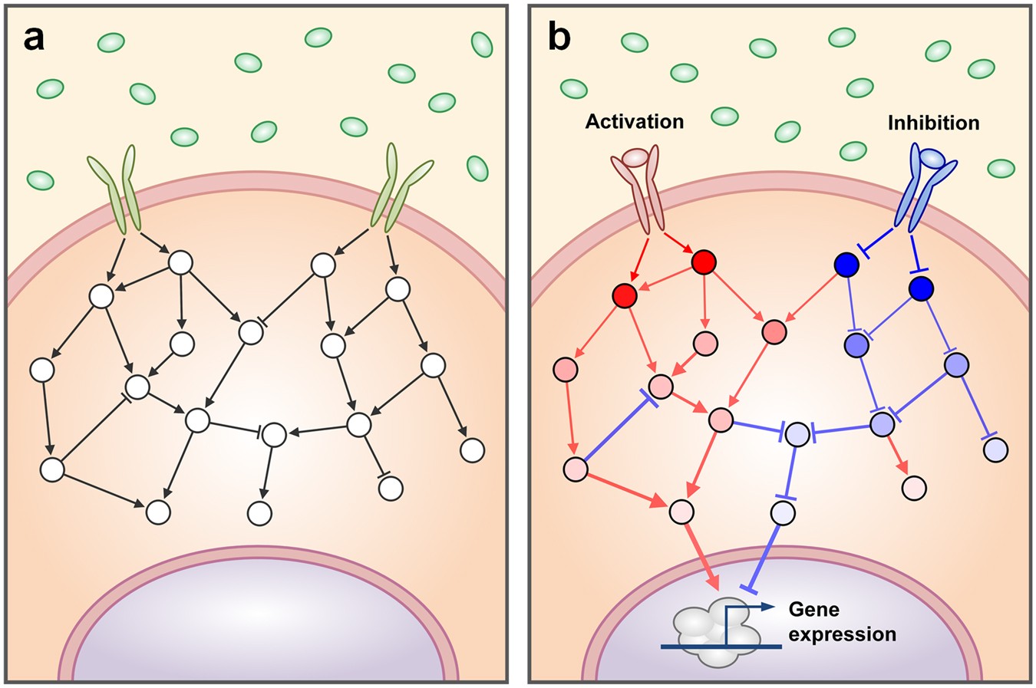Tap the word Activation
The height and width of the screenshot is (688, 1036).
[634, 121]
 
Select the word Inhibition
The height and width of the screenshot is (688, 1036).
[933, 123]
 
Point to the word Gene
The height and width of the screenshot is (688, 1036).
[813, 610]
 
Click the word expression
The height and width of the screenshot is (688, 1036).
[842, 635]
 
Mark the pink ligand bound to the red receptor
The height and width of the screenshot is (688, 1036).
[636, 157]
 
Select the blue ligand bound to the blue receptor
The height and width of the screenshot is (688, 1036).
[932, 157]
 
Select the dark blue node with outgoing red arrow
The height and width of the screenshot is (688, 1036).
[846, 265]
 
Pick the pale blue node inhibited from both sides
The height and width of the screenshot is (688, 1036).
[798, 434]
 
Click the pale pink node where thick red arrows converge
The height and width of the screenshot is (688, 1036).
[681, 511]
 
